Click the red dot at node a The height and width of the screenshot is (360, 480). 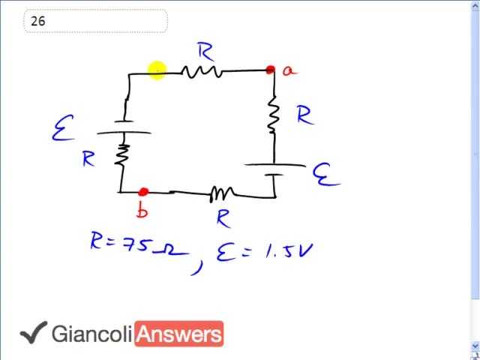pyautogui.click(x=270, y=70)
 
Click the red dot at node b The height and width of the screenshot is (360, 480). pyautogui.click(x=144, y=193)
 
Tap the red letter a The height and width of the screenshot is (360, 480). pyautogui.click(x=289, y=70)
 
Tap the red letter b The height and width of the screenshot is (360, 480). pyautogui.click(x=142, y=211)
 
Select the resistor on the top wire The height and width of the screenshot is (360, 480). pyautogui.click(x=201, y=72)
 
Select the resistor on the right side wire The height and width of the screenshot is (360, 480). pyautogui.click(x=274, y=115)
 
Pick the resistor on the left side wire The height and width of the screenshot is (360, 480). pyautogui.click(x=121, y=154)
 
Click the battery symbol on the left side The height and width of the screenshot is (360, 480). pyautogui.click(x=123, y=127)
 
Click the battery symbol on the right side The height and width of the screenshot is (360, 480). pyautogui.click(x=274, y=170)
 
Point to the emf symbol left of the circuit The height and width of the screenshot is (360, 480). pyautogui.click(x=62, y=131)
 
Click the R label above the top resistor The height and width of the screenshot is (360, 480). pyautogui.click(x=205, y=52)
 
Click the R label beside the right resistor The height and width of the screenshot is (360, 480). pyautogui.click(x=304, y=115)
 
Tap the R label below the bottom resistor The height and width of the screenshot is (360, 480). pyautogui.click(x=223, y=218)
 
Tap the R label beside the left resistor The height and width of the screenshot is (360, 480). pyautogui.click(x=89, y=159)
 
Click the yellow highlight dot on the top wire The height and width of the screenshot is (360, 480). pyautogui.click(x=157, y=71)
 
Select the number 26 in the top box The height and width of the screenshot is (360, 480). pyautogui.click(x=38, y=21)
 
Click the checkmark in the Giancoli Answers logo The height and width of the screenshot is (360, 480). pyautogui.click(x=33, y=333)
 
